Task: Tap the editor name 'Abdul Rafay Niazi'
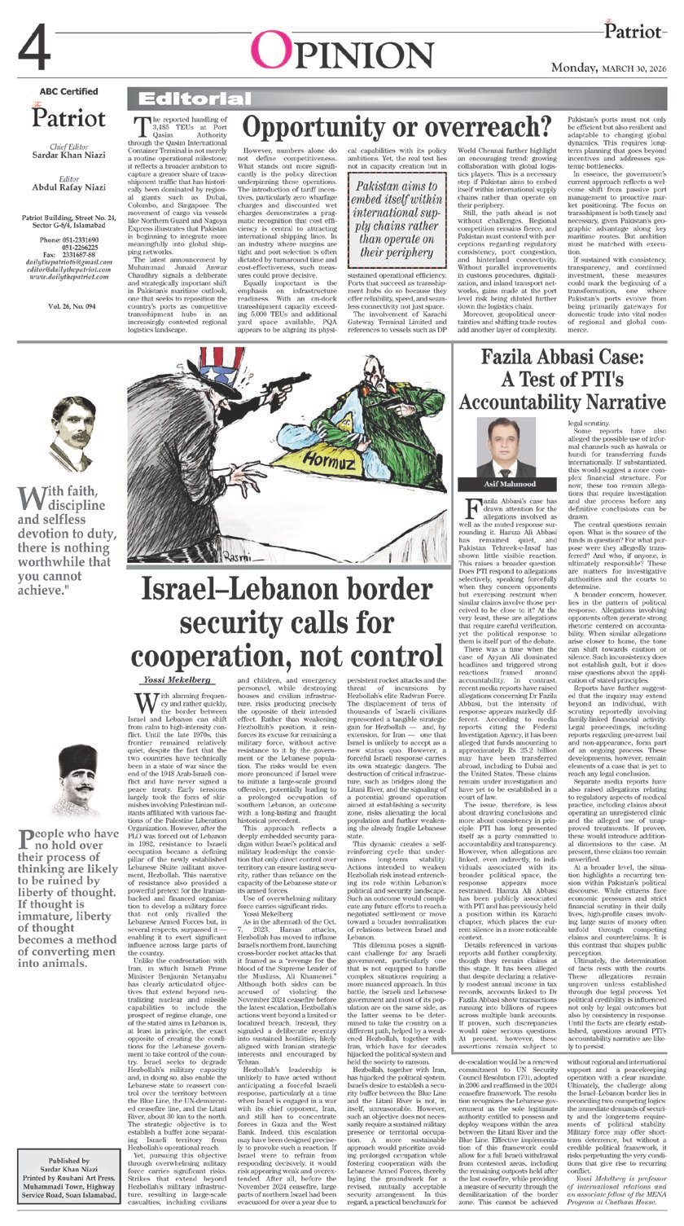(x=68, y=182)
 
